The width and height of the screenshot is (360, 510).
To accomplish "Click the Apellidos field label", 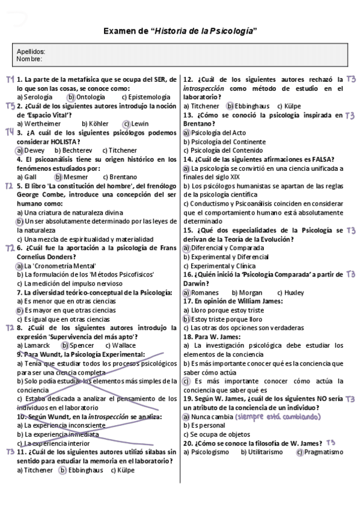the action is click(x=31, y=52).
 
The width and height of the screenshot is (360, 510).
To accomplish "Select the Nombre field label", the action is click(x=30, y=59).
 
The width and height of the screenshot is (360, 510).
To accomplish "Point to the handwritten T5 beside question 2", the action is click(x=10, y=105).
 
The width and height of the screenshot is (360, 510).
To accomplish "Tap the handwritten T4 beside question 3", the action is click(x=10, y=132).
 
